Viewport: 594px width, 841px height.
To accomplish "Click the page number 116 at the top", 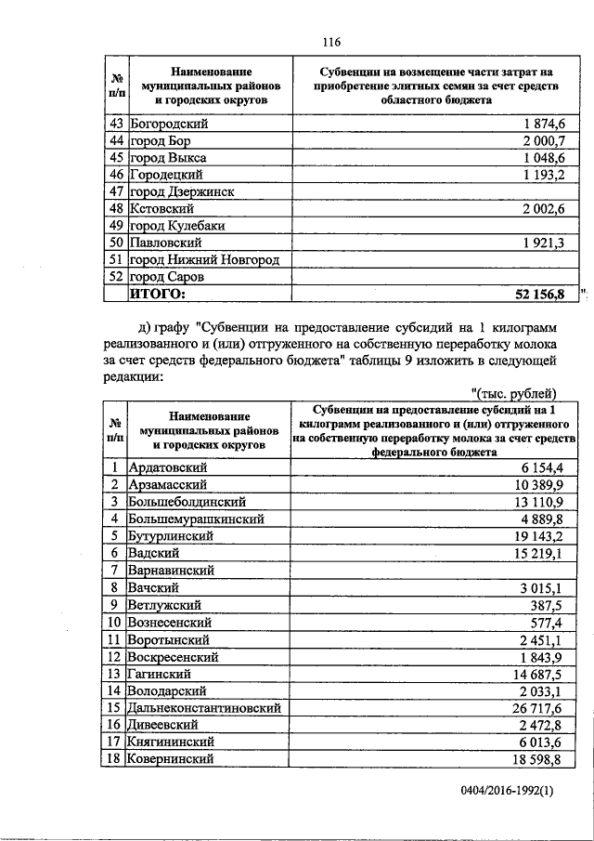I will (332, 41).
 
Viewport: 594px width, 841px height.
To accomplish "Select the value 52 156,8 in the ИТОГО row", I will (539, 295).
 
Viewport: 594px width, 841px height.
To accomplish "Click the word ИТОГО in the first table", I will (157, 295).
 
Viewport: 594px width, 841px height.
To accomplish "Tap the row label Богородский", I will (168, 124).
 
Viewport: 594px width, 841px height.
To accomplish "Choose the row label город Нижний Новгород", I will (204, 260).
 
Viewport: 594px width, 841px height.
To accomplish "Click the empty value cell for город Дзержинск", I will (437, 191).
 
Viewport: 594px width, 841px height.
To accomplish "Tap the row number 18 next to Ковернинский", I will (116, 759).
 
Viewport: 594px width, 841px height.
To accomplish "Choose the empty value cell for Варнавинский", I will (437, 571).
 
